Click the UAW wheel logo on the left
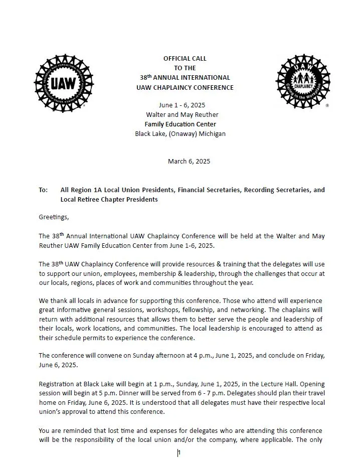(63, 83)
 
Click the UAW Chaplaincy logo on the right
(303, 81)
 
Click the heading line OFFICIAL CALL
(185, 59)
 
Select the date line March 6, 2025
(189, 162)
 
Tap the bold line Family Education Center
(181, 124)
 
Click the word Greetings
(53, 217)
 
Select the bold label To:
(43, 190)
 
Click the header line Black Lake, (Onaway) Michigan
(180, 134)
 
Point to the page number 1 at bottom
(179, 453)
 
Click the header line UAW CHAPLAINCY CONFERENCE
(185, 87)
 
